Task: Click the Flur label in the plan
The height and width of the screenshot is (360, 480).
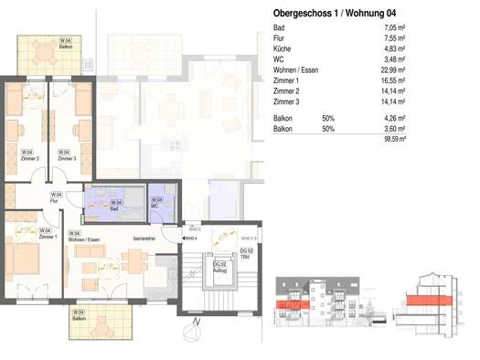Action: click(x=55, y=200)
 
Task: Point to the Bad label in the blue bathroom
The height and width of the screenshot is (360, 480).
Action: click(x=116, y=208)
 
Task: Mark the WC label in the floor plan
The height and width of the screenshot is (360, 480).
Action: click(x=157, y=206)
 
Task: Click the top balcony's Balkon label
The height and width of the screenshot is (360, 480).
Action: click(x=67, y=48)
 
